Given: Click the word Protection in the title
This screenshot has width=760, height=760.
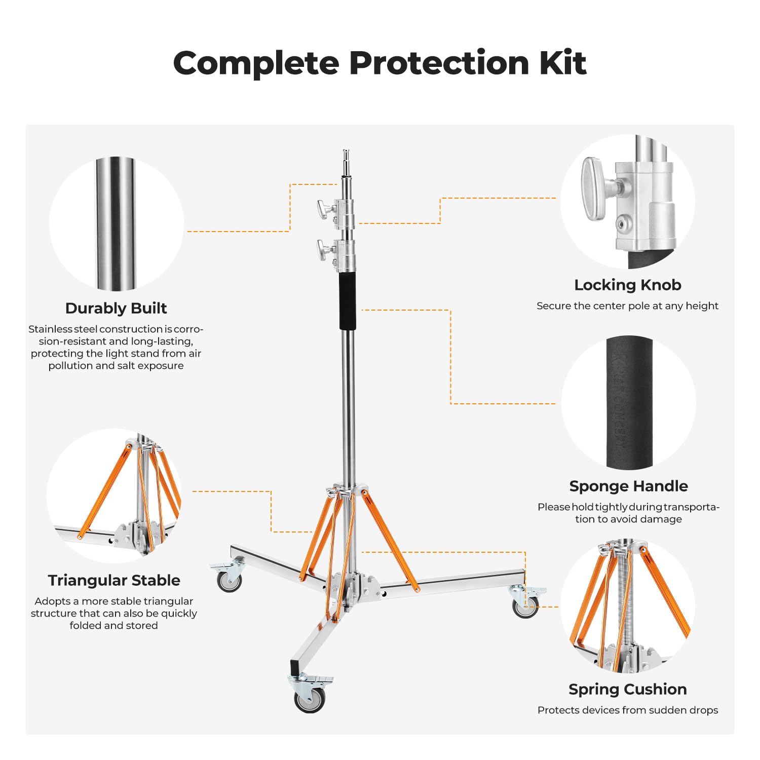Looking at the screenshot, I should tap(439, 63).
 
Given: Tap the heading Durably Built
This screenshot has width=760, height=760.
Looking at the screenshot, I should tap(116, 308).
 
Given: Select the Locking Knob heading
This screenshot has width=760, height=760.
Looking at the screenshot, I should tap(627, 285).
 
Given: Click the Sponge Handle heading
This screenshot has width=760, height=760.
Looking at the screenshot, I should tap(628, 486).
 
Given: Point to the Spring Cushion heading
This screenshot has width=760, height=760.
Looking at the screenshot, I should tap(627, 689).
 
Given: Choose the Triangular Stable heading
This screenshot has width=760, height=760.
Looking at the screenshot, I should tap(114, 580).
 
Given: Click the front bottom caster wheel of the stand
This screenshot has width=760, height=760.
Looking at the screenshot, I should tap(310, 699).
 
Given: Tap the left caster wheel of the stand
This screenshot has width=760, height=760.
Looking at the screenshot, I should tap(229, 581).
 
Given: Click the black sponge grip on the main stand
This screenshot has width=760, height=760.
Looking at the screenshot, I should tap(348, 301).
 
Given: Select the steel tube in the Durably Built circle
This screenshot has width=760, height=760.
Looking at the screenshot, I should tap(116, 223).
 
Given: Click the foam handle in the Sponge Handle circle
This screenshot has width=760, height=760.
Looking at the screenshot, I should tap(629, 403).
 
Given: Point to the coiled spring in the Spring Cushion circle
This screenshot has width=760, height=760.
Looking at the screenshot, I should tap(628, 608).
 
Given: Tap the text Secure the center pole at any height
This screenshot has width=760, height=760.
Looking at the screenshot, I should tap(627, 306).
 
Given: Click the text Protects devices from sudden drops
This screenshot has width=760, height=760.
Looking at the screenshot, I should tap(627, 710).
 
